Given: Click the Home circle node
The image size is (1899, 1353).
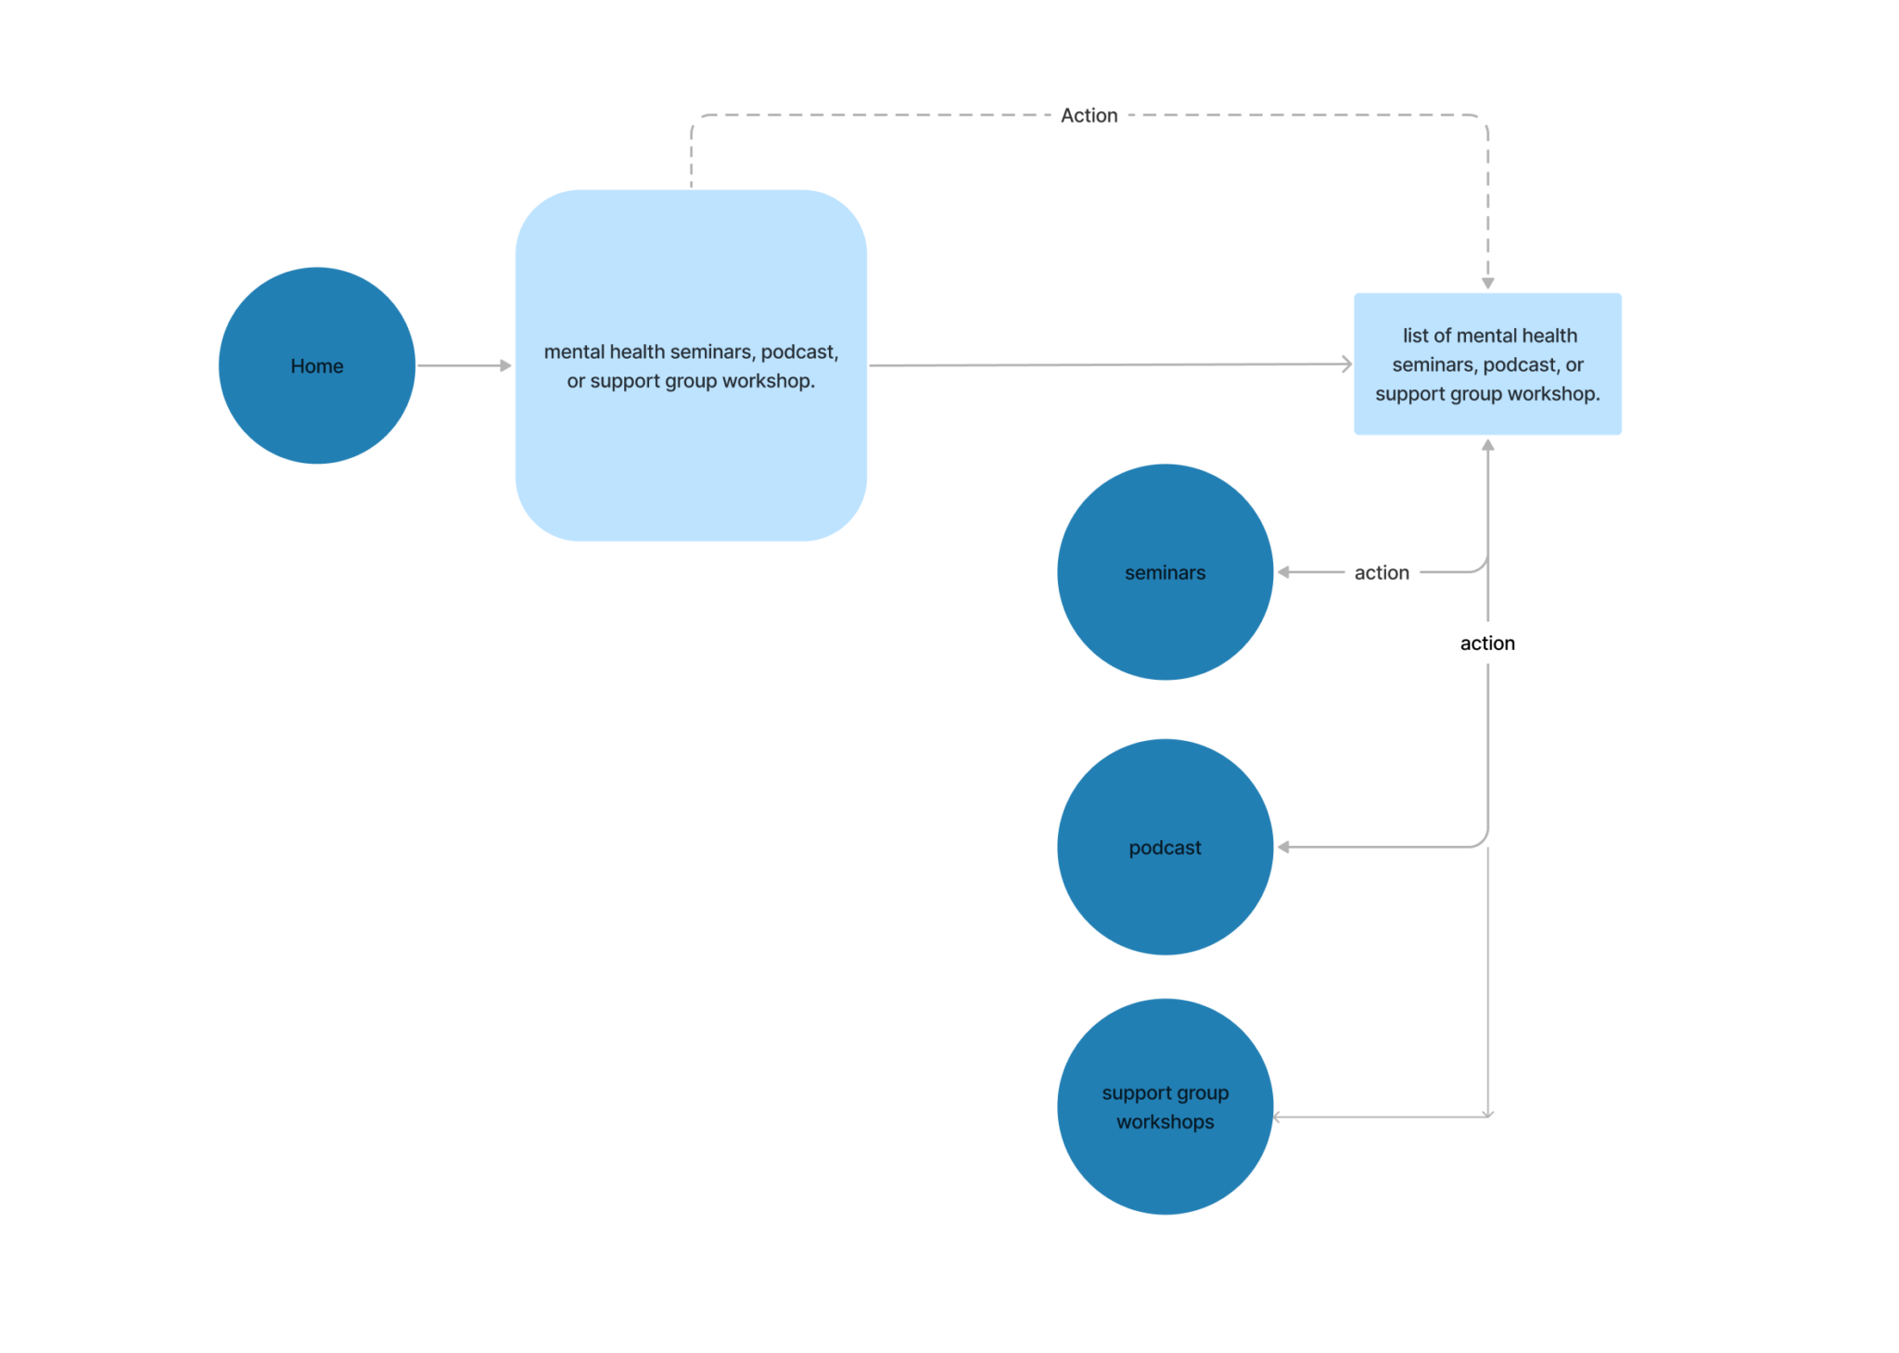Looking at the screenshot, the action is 317,365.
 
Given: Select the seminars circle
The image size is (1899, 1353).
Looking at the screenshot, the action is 1165,572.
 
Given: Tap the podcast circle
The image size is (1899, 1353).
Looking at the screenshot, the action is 1165,847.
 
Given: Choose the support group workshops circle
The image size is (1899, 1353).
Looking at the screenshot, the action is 1165,1106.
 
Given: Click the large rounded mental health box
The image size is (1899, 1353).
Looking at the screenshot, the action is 691,365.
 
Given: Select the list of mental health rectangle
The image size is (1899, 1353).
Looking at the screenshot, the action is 1487,364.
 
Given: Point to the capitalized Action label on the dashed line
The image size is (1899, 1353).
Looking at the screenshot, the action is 1089,115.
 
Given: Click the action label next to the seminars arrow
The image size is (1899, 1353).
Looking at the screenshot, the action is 1382,572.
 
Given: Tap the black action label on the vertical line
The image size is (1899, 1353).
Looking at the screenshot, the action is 1487,643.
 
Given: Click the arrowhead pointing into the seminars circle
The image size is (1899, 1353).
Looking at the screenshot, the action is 1283,572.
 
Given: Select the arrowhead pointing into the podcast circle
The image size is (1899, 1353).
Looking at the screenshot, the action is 1283,847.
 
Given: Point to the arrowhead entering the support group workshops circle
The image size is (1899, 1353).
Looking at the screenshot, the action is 1277,1117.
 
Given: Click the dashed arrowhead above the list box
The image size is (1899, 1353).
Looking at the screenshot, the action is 1487,283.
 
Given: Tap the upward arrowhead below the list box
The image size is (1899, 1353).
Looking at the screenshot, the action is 1487,445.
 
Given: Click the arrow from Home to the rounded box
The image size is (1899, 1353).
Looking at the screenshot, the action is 464,365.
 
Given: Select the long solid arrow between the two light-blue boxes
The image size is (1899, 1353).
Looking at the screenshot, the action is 1110,364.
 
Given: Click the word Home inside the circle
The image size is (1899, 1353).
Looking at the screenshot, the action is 317,365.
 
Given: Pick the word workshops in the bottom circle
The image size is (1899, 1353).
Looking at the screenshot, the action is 1165,1121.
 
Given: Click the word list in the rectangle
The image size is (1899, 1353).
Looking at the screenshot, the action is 1415,335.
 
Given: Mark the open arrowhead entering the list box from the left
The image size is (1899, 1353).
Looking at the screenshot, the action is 1347,364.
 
